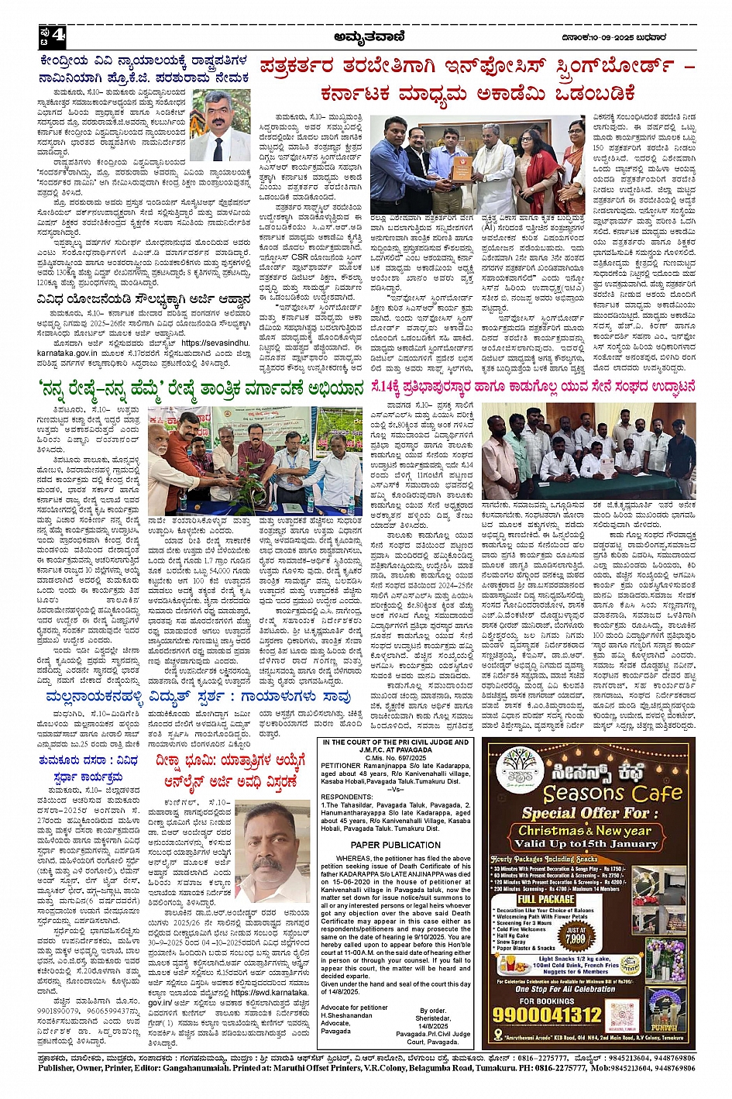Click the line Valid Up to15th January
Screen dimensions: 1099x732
(589, 843)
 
